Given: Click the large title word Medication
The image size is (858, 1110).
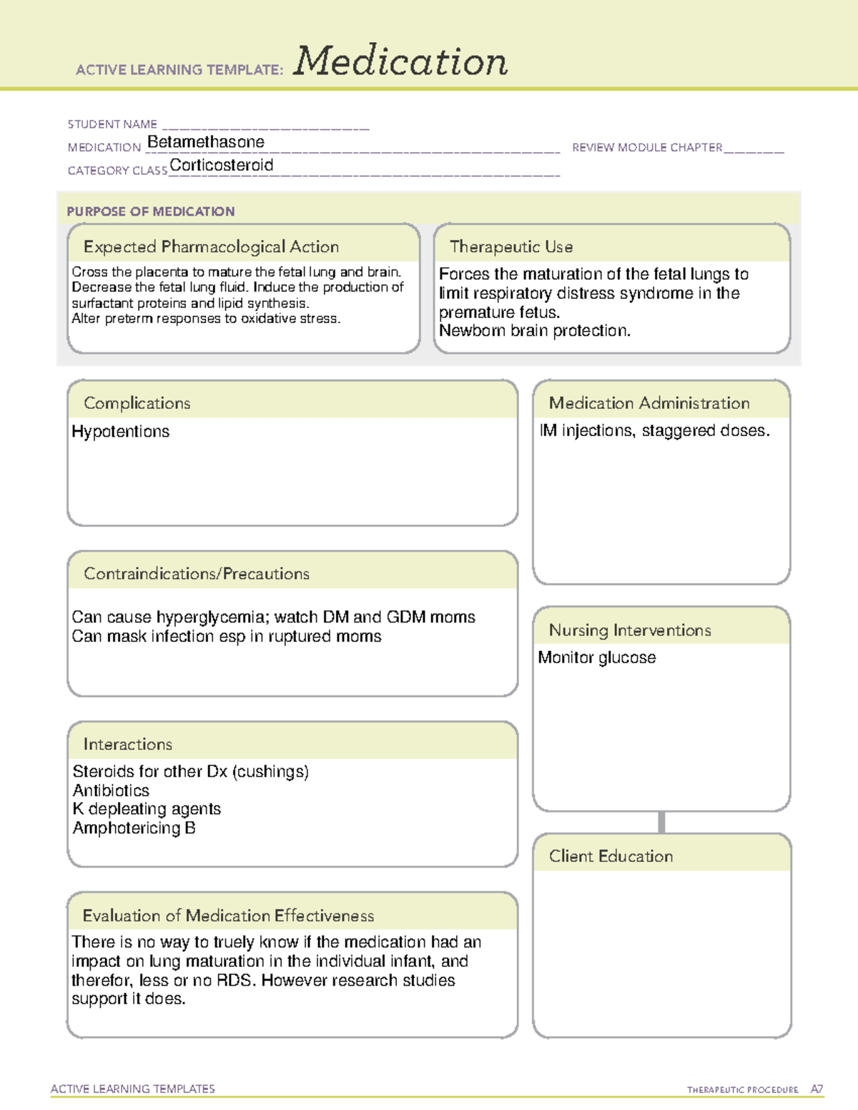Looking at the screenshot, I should click(400, 61).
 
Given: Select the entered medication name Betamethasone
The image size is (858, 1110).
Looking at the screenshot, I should click(206, 142).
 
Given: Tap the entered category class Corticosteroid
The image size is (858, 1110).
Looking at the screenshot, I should click(222, 165).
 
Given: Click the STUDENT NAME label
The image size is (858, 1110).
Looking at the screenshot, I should click(112, 124).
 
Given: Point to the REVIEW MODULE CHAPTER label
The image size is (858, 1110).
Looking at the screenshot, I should click(647, 147).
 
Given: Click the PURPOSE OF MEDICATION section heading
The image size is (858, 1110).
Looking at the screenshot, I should click(151, 212).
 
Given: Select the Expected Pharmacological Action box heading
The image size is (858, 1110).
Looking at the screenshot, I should click(211, 247).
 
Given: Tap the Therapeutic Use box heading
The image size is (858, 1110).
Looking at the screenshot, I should click(511, 247).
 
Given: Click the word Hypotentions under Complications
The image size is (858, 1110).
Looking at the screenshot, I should click(121, 432).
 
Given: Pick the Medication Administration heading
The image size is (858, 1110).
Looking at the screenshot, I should click(649, 403).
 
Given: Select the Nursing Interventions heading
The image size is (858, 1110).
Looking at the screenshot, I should click(630, 630).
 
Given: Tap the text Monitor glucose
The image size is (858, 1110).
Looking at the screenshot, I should click(597, 658).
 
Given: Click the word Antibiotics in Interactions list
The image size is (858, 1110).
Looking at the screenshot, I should click(111, 791).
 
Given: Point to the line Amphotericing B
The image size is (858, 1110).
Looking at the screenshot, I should click(134, 828).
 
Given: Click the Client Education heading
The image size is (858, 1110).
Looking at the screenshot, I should click(611, 856).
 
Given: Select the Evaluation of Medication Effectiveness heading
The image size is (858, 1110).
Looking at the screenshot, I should click(228, 916).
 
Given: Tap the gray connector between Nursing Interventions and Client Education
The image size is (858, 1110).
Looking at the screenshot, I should click(661, 822).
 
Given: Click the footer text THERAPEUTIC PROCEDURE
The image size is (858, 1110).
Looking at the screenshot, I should click(742, 1090).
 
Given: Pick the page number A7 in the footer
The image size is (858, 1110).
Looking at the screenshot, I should click(817, 1089).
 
